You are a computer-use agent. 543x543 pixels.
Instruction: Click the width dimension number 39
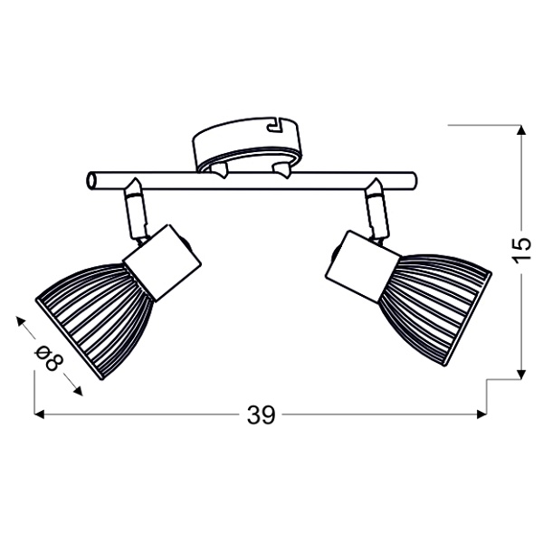pos(260,415)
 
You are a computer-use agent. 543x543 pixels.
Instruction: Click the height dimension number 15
pos(519,251)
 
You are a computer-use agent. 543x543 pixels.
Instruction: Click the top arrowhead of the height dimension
pos(521,129)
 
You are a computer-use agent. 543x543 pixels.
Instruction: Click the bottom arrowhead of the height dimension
pos(521,373)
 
